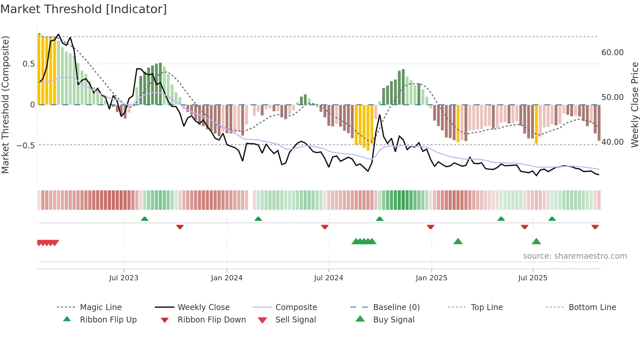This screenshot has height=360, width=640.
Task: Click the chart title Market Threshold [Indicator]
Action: point(84,9)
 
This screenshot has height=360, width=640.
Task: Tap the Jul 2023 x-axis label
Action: point(124,278)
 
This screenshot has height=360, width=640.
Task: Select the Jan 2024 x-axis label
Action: point(227,278)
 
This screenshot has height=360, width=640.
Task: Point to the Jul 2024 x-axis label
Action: point(328,278)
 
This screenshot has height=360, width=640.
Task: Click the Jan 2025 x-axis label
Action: point(431,278)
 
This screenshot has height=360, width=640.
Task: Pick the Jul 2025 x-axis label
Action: point(533,278)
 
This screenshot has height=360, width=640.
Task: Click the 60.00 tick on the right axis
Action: point(612,53)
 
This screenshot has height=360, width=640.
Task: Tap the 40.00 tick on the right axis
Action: point(612,142)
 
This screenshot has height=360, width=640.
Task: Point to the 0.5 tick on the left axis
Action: point(28,64)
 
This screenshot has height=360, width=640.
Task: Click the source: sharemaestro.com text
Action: point(575,256)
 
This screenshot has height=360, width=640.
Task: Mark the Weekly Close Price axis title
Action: point(634,105)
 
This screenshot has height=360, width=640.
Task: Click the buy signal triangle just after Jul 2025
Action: point(536,241)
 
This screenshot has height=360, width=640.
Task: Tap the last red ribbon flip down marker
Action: point(595,227)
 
